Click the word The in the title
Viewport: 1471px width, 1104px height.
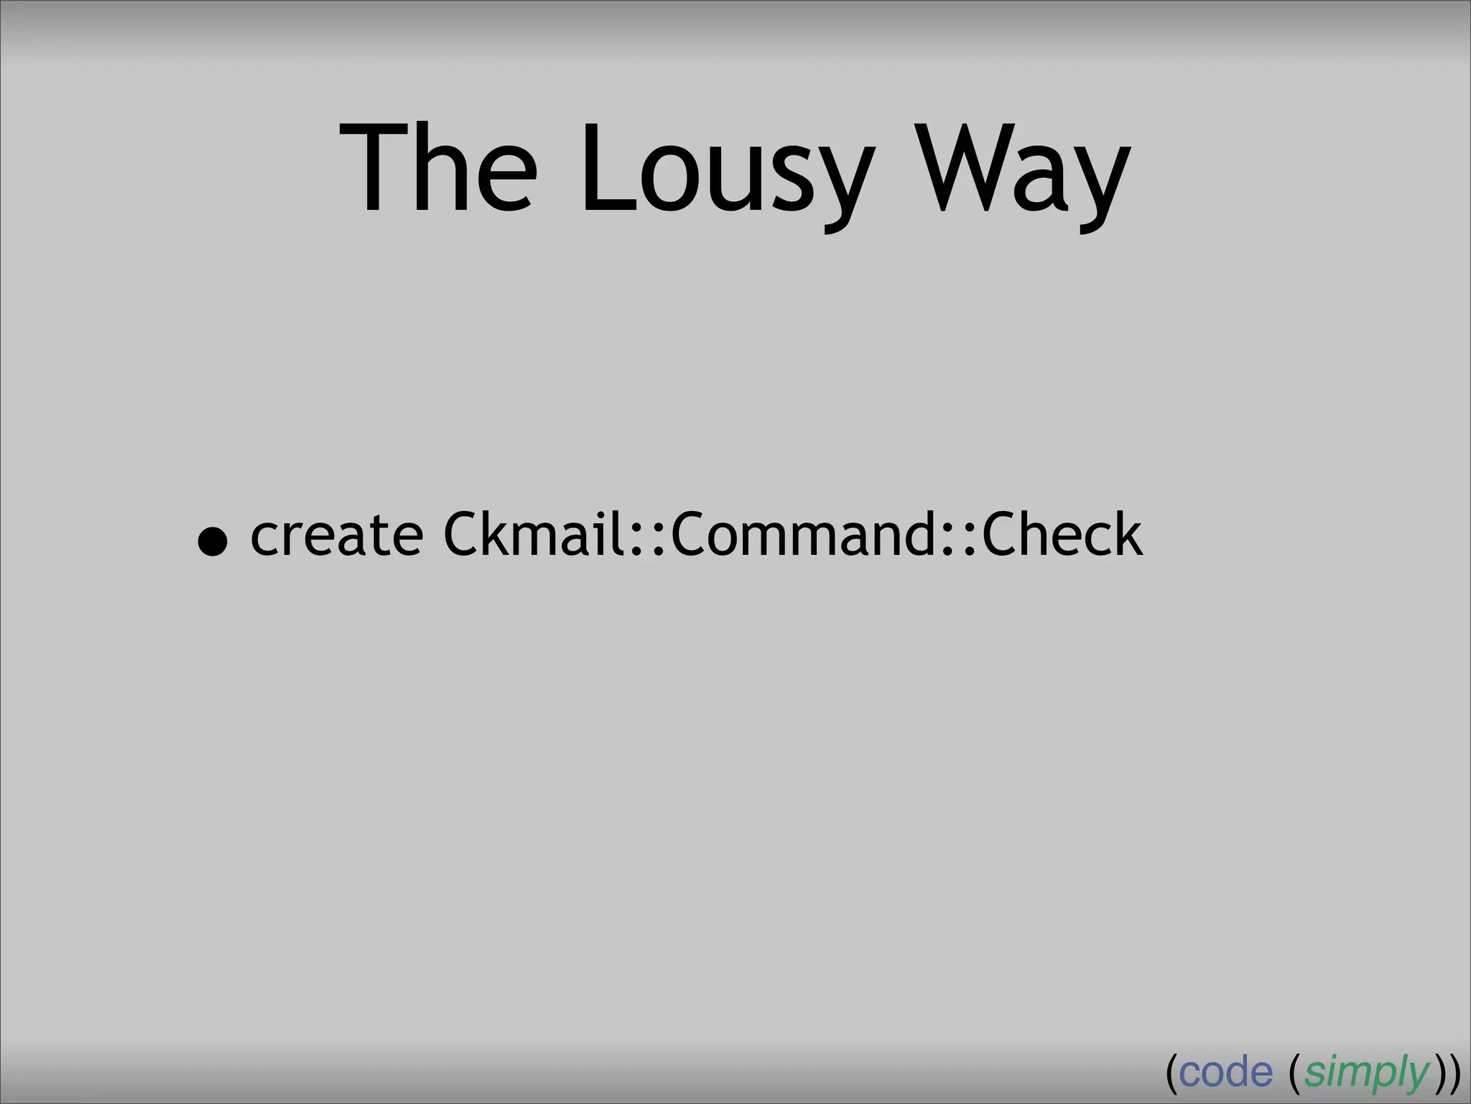click(x=438, y=169)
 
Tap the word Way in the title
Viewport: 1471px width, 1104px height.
click(x=1024, y=172)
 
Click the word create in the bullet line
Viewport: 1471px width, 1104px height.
click(x=336, y=535)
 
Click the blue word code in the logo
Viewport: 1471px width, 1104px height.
click(x=1225, y=1073)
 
